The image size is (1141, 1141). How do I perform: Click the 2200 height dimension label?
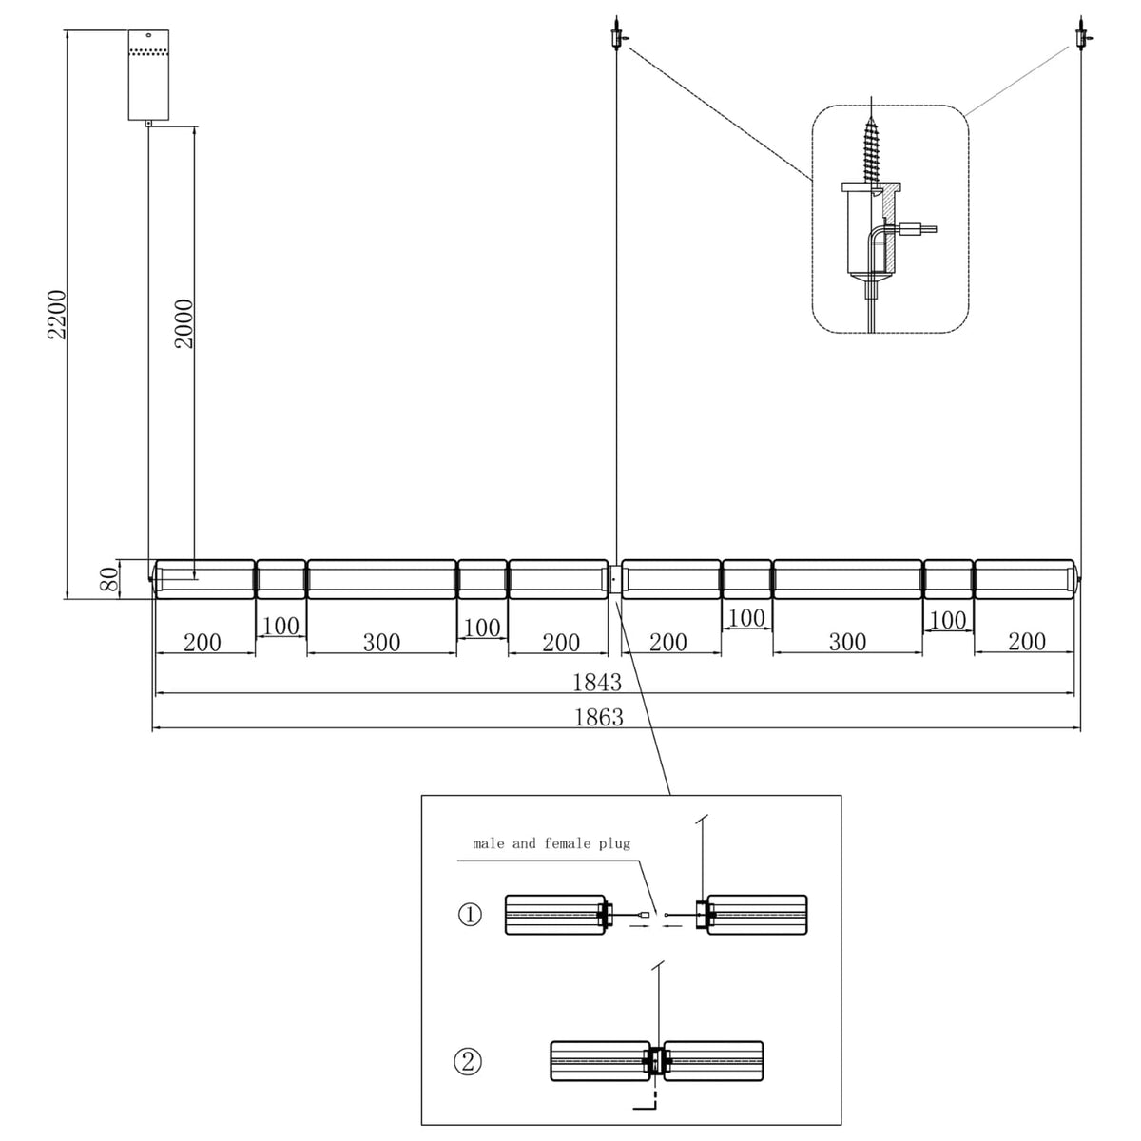tap(57, 314)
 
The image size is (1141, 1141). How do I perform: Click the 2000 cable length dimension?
tap(184, 323)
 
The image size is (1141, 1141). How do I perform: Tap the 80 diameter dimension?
tap(108, 579)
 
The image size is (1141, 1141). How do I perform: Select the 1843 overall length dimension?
tap(597, 683)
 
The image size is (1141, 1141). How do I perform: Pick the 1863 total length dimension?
tap(599, 718)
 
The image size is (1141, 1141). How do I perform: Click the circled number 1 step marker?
tap(470, 915)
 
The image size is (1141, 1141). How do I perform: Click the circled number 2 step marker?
tap(468, 1062)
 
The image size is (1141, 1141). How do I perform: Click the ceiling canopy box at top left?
tap(148, 75)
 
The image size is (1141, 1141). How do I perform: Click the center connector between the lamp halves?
tap(614, 579)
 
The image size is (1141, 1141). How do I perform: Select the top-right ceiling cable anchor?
tap(1082, 34)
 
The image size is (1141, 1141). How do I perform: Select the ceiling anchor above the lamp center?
tap(617, 34)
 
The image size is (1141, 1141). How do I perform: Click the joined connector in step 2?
tap(656, 1062)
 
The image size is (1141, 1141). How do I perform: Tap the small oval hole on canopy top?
tap(148, 36)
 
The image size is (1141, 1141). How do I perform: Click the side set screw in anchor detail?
tap(917, 228)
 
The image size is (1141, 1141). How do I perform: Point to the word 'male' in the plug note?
tap(489, 843)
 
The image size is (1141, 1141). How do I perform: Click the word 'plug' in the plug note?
tap(614, 843)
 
